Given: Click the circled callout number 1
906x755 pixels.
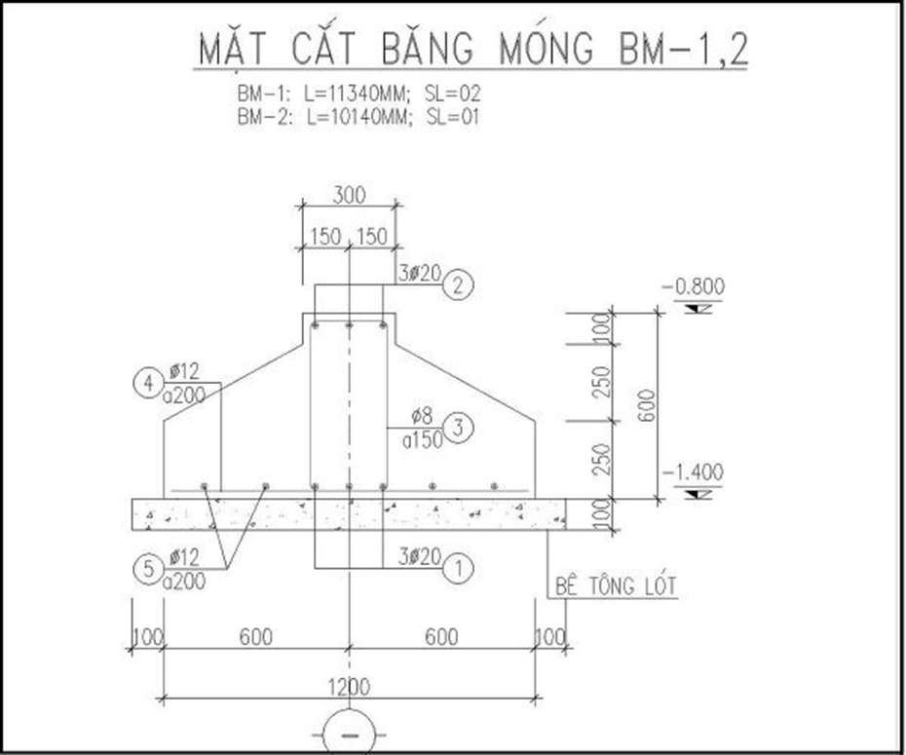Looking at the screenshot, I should (459, 564).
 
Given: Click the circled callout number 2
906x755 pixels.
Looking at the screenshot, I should (459, 285).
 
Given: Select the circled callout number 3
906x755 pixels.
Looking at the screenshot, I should (459, 427).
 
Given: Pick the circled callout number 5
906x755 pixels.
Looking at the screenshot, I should (147, 569).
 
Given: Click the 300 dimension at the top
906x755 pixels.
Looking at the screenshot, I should (349, 196).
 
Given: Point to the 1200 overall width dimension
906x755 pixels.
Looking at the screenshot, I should (349, 687).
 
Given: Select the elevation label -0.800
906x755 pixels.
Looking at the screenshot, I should (693, 286).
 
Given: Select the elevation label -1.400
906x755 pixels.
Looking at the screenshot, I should (693, 472).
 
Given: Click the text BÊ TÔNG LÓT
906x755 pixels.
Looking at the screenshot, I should (615, 586).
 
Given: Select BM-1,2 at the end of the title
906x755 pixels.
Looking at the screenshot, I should (682, 49).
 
